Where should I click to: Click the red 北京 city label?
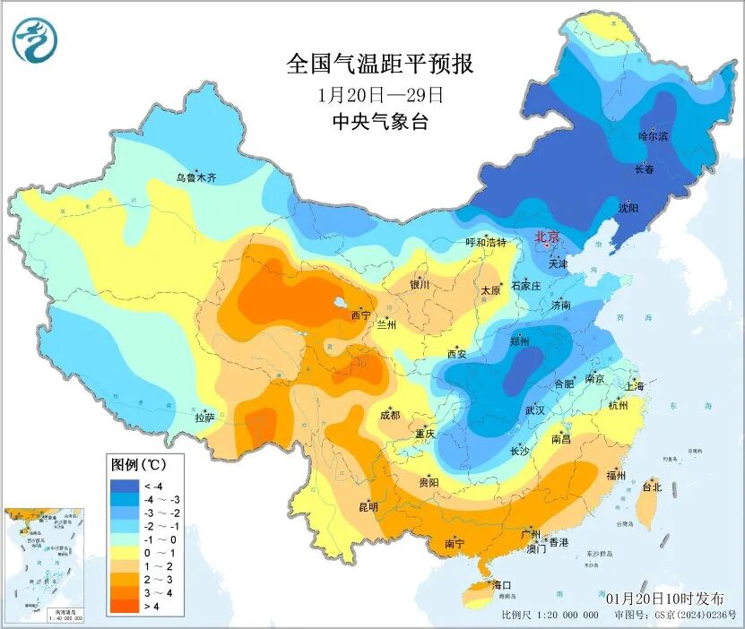pos(547,237)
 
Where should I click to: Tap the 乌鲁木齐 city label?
pos(195,177)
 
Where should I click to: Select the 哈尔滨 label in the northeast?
pos(653,136)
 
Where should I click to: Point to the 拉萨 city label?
pos(204,417)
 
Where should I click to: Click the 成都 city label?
pos(389,415)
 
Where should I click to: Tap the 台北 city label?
pos(652,487)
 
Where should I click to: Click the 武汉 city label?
pos(535,409)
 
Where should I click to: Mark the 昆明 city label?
pos(368,506)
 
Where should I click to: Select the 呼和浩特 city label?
pos(486,243)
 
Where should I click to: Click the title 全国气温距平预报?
pos(379,65)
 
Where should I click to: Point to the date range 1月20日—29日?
pos(380,94)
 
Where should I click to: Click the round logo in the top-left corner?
pos(35,41)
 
